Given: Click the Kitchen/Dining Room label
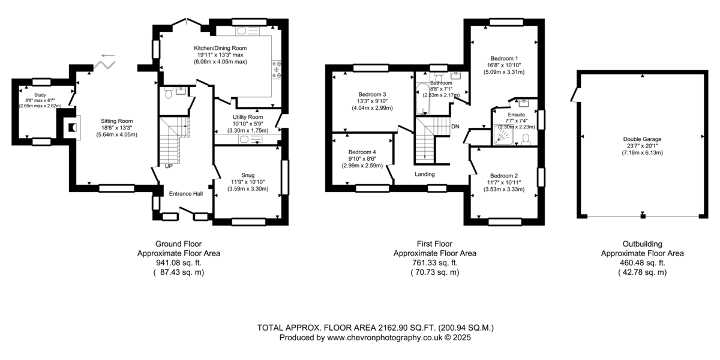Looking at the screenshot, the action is tap(220, 48).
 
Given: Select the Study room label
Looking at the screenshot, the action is tap(40, 95).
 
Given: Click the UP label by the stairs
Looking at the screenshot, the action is tap(169, 167).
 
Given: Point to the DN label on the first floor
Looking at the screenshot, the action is tap(455, 127).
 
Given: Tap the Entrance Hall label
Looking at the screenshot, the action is tap(186, 194).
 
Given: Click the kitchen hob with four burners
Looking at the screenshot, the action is tap(277, 70).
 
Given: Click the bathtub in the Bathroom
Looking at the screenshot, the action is tap(422, 98).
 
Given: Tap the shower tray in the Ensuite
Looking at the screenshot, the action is tap(503, 134).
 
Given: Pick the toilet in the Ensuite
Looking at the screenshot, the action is tap(526, 139).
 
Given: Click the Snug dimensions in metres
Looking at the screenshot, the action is tap(248, 189).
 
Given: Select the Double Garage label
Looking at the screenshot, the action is tap(642, 139).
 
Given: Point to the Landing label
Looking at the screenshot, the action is tap(425, 174).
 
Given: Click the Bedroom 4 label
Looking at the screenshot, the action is tap(362, 152).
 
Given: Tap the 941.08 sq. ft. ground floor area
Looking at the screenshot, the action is tap(179, 263).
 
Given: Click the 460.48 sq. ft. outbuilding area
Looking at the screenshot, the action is tap(642, 263).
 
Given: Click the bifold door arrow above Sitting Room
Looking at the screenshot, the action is tap(108, 56).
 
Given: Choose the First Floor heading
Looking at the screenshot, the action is tap(434, 244).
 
